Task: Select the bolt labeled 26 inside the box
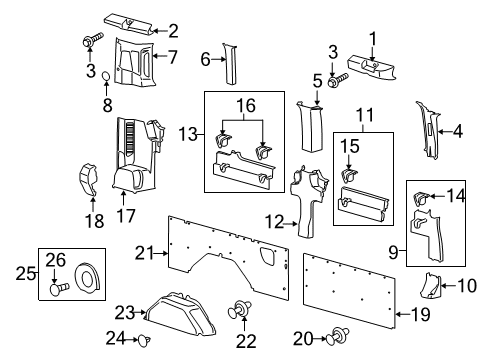[x=59, y=290]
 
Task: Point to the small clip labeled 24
[x=143, y=340]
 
